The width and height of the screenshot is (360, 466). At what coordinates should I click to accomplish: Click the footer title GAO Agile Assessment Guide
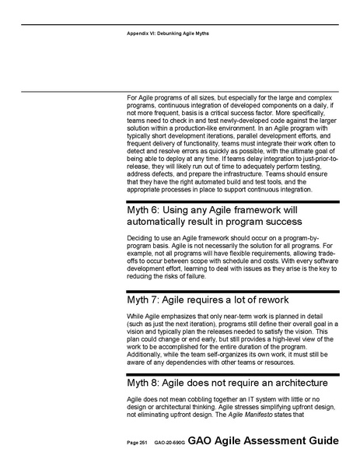tap(264, 440)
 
